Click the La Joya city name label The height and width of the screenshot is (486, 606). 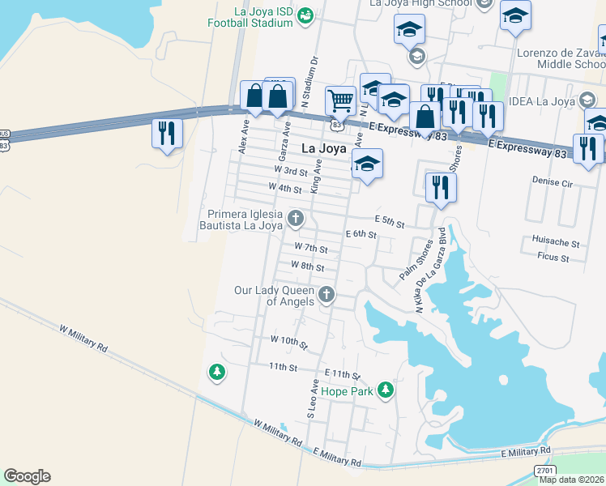(324, 149)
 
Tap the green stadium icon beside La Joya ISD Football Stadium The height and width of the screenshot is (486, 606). (305, 15)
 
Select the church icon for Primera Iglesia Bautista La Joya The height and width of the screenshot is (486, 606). (297, 218)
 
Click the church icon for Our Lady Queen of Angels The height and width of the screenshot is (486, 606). (326, 294)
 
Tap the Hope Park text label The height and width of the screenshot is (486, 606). (347, 391)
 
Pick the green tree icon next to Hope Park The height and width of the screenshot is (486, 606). (386, 390)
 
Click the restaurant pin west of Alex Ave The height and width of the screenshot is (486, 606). (167, 132)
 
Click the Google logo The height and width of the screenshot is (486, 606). (27, 475)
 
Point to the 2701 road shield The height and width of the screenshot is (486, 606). (544, 471)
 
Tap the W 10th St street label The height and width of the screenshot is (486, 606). (289, 343)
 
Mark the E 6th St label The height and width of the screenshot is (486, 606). (361, 234)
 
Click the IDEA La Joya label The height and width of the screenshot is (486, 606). (542, 101)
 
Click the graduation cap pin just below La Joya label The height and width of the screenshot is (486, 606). (367, 164)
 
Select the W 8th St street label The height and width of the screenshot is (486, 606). (306, 266)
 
